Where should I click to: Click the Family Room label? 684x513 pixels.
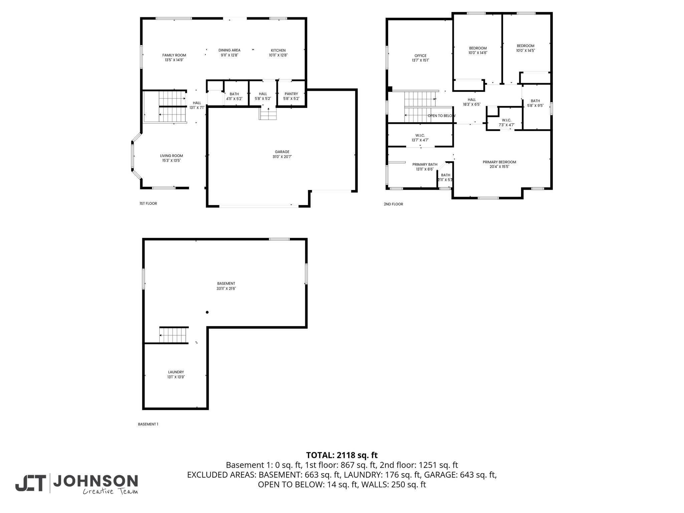[174, 55]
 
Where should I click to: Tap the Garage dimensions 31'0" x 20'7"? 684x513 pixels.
[282, 157]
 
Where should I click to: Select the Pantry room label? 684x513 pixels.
[291, 94]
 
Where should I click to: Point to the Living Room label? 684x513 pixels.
[171, 156]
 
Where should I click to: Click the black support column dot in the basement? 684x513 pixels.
[207, 312]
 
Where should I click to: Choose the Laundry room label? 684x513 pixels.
[176, 372]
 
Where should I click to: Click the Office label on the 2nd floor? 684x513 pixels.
[420, 56]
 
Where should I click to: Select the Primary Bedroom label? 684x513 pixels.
[499, 162]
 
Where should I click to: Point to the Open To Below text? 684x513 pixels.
[441, 116]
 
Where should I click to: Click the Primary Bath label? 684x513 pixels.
[424, 164]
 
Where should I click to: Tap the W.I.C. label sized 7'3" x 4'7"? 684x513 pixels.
[506, 120]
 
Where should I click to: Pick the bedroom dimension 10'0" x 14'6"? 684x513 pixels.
[478, 53]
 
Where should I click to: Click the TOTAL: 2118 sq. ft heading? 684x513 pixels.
[342, 455]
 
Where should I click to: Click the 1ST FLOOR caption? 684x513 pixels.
[148, 203]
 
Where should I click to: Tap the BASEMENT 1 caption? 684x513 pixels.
[148, 424]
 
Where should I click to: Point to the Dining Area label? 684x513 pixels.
[229, 50]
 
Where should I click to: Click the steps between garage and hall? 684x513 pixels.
[268, 115]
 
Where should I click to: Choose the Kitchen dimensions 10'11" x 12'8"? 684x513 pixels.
[278, 55]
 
